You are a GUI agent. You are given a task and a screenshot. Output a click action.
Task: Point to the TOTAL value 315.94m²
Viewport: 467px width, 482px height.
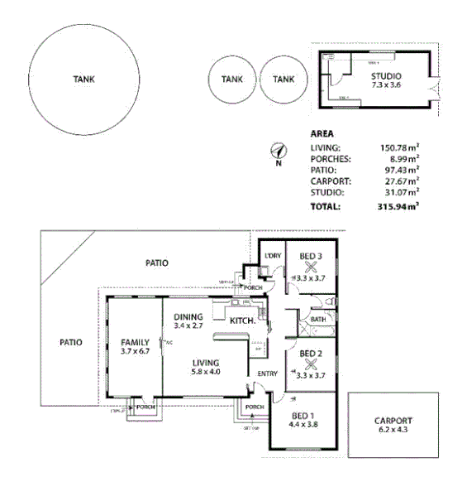pyautogui.click(x=397, y=205)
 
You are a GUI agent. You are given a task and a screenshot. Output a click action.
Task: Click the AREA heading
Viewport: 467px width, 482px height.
pyautogui.click(x=322, y=133)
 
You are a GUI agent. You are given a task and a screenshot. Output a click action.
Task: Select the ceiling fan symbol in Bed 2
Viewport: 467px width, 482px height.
pyautogui.click(x=311, y=364)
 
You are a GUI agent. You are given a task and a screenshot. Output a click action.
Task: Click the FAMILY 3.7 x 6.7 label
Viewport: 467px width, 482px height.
pyautogui.click(x=134, y=347)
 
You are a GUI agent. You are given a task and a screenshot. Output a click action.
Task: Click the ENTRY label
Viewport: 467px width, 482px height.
pyautogui.click(x=267, y=374)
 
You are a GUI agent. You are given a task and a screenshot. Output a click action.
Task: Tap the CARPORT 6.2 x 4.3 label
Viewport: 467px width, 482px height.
pyautogui.click(x=393, y=426)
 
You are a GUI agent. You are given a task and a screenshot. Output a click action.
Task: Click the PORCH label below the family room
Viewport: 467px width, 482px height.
pyautogui.click(x=145, y=407)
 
